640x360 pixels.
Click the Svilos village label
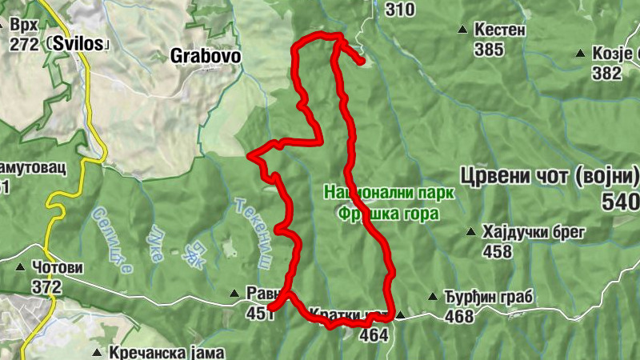(x=79, y=44)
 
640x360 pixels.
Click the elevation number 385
(x=489, y=50)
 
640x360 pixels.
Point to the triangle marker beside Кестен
(x=462, y=30)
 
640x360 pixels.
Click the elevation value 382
(x=607, y=73)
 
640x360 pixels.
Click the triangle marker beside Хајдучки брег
(x=471, y=233)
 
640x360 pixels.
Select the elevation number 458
(x=498, y=252)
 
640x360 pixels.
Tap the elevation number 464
(x=374, y=334)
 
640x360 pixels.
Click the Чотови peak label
(x=58, y=266)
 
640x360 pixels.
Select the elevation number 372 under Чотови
(x=47, y=286)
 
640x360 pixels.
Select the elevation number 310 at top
(x=400, y=10)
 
